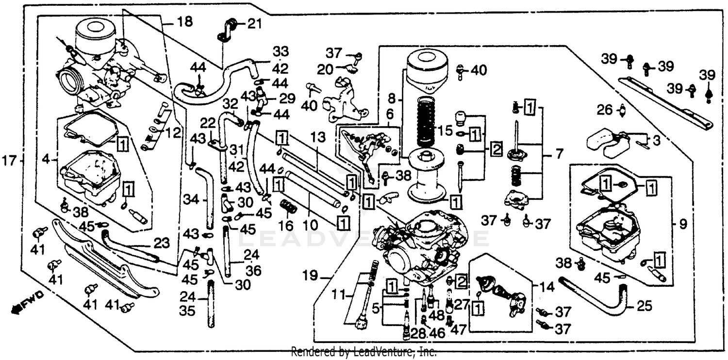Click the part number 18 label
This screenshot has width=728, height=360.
coord(184,22)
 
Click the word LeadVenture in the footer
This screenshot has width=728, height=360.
coord(385,352)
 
